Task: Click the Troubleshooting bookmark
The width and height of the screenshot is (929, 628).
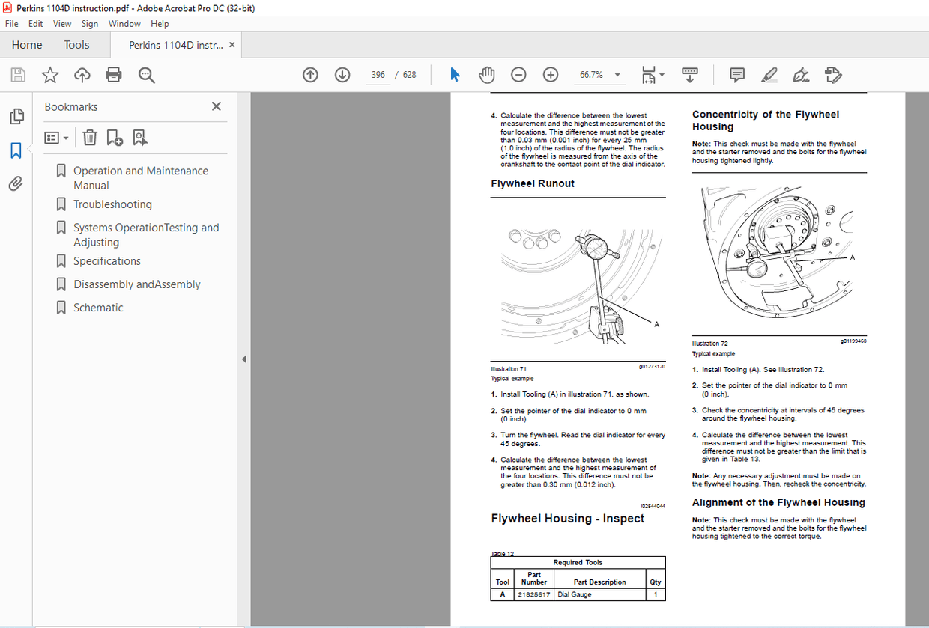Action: click(112, 204)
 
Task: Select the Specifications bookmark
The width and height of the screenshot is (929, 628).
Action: click(107, 261)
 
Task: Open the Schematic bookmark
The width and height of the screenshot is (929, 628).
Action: click(98, 308)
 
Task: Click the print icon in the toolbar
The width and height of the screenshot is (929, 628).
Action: click(114, 75)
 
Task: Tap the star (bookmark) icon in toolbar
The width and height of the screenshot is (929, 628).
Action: click(50, 75)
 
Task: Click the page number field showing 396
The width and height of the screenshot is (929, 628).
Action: click(378, 75)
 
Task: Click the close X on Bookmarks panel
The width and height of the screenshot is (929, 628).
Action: click(217, 106)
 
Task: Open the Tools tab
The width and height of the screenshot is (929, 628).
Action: click(76, 45)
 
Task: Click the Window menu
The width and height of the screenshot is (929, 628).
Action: click(124, 24)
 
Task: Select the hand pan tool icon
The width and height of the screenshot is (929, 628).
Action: click(487, 75)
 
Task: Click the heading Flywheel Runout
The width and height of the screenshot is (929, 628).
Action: click(533, 183)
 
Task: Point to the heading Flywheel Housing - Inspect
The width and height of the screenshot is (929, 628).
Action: click(567, 519)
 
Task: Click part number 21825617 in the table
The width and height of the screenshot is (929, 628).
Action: click(533, 594)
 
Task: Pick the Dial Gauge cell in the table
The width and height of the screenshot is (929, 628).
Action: click(575, 594)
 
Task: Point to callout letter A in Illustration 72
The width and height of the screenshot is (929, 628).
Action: click(853, 257)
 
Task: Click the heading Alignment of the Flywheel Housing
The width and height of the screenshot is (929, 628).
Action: click(778, 502)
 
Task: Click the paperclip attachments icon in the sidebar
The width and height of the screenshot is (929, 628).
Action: click(16, 184)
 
